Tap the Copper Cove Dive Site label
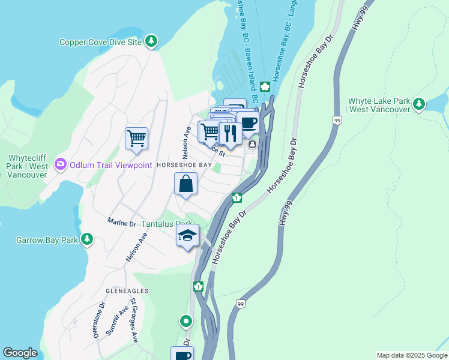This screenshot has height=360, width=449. tap(100, 42)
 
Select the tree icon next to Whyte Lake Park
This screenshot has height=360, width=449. tap(419, 104)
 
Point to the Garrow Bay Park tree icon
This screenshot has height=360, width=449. tap(88, 239)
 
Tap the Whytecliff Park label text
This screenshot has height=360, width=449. tap(27, 166)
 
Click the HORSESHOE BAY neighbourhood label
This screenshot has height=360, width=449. tap(184, 164)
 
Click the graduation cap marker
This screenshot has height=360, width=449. tap(187, 236)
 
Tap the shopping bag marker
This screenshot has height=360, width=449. tap(186, 184)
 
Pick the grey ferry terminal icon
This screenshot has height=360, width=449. tap(253, 144)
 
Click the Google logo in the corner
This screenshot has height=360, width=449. tap(20, 353)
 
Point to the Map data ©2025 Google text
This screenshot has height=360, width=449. tap(411, 355)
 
